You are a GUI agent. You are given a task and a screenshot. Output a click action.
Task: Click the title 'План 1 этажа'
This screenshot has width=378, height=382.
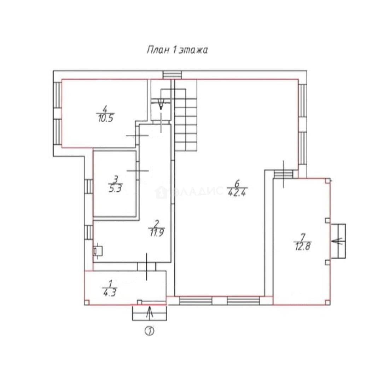point(177,50)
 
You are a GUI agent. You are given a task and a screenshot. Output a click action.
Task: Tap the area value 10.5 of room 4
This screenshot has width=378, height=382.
point(106,118)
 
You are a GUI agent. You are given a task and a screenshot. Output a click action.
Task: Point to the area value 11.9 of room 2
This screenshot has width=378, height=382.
point(157,233)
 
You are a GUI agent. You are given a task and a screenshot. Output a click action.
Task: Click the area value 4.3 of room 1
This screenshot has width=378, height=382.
point(110,293)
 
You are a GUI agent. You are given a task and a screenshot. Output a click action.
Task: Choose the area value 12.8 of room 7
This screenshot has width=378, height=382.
point(302,247)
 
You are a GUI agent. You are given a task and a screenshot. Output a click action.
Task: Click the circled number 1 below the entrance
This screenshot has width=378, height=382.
point(150,331)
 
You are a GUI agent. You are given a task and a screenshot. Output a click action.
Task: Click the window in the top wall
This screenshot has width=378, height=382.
point(172,75)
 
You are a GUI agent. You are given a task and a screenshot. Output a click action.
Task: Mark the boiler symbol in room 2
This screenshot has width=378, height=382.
point(98,251)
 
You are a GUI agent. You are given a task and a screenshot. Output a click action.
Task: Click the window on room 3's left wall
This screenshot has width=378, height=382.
point(89,186)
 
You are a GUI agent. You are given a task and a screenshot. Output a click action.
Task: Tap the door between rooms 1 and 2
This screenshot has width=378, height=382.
point(146,267)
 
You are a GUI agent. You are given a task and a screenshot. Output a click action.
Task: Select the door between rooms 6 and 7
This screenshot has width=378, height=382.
point(283,174)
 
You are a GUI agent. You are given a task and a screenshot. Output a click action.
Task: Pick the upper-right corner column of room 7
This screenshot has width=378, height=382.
point(328,180)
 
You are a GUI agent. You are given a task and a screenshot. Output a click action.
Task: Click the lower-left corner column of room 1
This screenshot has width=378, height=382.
point(87,302)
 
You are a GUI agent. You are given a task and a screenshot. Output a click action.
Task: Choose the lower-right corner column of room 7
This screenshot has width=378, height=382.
point(328,302)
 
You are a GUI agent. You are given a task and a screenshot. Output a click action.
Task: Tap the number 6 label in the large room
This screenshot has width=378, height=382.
point(237,183)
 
